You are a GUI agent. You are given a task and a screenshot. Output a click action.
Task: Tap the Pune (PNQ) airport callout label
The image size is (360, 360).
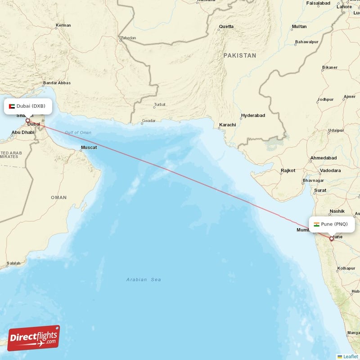[331, 224]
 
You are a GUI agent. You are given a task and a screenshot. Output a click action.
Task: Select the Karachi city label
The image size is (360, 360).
[227, 125]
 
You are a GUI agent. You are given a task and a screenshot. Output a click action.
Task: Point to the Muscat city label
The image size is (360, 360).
[88, 148]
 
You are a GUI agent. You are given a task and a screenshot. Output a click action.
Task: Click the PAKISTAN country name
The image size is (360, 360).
[239, 55]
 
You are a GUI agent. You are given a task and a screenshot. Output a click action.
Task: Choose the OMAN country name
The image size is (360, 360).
[58, 198]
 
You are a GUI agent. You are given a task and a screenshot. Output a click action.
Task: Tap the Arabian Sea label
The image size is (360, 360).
[144, 280]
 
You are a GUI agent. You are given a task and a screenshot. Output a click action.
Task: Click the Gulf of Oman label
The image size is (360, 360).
[77, 133]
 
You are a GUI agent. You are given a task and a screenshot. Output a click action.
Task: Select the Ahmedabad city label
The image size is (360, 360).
[323, 158]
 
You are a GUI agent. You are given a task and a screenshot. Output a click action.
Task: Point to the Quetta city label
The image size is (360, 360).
[226, 27]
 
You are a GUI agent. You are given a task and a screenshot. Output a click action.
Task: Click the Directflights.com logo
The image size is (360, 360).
[34, 338]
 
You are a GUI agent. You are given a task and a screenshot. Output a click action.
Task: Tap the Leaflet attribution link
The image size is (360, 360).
[351, 356]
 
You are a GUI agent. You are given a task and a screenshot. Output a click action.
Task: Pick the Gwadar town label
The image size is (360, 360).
[148, 121]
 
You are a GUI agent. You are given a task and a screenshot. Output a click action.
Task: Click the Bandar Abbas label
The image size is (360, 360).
[57, 83]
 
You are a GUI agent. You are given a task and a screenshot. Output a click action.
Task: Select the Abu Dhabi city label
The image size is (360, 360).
[23, 132]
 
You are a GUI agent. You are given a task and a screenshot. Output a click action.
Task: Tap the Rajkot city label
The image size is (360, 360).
[288, 171]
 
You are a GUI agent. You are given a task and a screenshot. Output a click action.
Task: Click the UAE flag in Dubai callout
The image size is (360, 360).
[12, 106]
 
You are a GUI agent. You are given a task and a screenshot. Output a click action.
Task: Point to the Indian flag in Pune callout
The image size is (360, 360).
[317, 224]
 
